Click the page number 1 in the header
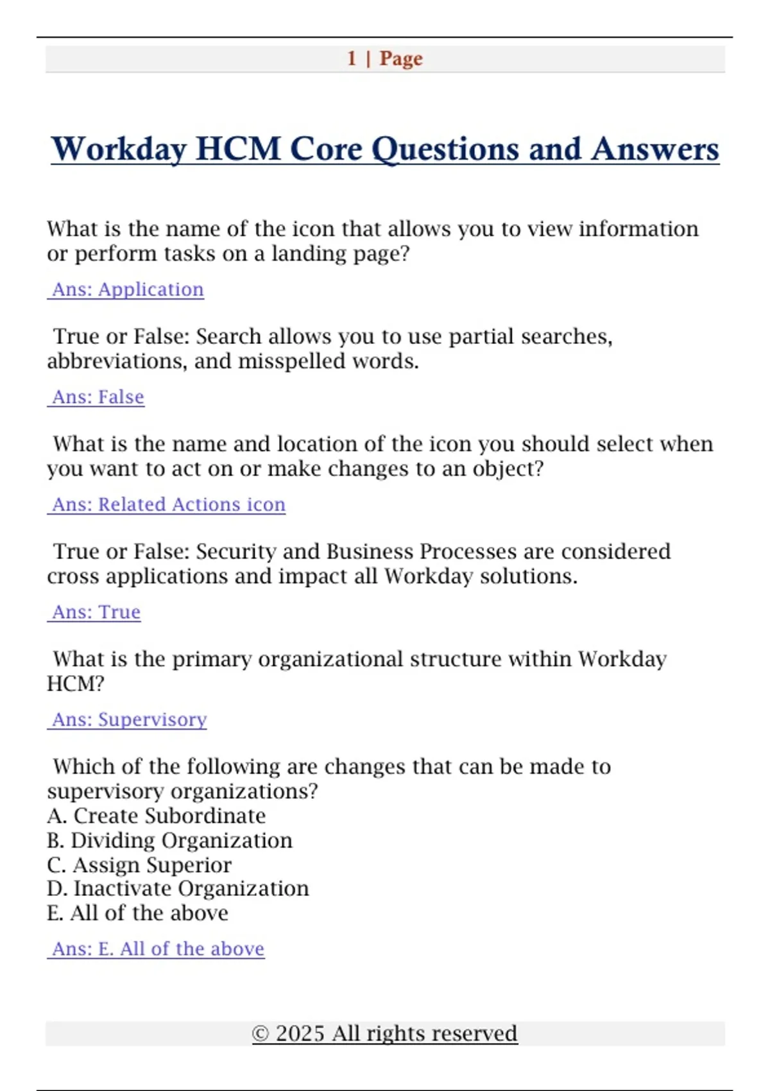click(352, 58)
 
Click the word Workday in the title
click(118, 149)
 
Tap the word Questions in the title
click(445, 149)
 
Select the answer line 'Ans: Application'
click(127, 289)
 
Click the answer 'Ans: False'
click(98, 397)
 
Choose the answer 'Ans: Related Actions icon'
click(168, 504)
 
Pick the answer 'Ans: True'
click(96, 612)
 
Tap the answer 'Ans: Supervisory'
click(129, 719)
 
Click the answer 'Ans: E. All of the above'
click(158, 949)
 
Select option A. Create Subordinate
click(157, 816)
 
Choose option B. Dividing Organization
click(169, 840)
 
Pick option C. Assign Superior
click(139, 865)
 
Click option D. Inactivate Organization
click(178, 889)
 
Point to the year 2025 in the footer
click(300, 1034)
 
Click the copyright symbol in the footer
click(260, 1034)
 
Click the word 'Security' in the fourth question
click(235, 552)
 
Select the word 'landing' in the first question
click(307, 254)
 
